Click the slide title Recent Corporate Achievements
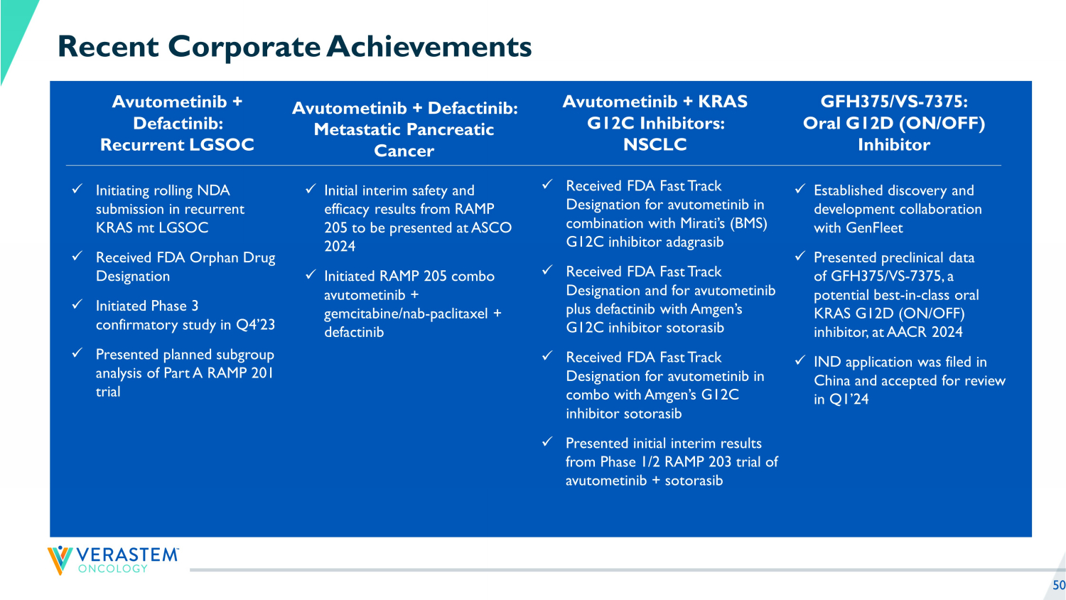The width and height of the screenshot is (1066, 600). (x=294, y=47)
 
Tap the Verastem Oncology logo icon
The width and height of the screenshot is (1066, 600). (x=60, y=559)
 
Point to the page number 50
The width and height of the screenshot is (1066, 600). (x=1059, y=585)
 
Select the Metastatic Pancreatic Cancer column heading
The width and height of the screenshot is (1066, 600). (x=404, y=129)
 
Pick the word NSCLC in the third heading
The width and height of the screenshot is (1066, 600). (x=655, y=145)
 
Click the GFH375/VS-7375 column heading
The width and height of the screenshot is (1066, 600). (x=893, y=124)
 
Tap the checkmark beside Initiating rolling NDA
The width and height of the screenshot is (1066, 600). (x=77, y=189)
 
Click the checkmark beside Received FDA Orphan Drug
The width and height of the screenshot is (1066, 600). (x=77, y=256)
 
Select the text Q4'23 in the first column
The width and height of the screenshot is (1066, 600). (x=255, y=325)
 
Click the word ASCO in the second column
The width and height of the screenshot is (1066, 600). (x=492, y=228)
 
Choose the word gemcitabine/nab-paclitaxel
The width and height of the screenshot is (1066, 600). (x=406, y=314)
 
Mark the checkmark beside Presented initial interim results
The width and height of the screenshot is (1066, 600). (x=547, y=442)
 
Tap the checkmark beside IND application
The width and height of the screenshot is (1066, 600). (x=799, y=361)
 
